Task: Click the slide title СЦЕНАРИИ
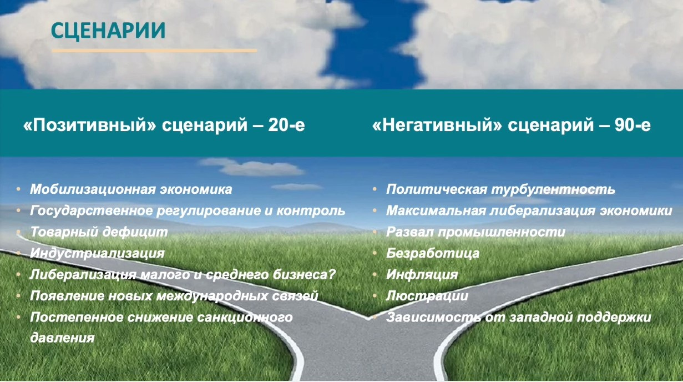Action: [108, 31]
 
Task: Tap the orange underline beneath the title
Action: [154, 51]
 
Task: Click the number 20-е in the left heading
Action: [286, 125]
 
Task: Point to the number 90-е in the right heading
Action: [633, 125]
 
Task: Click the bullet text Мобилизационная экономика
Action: [131, 189]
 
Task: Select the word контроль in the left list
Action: [311, 211]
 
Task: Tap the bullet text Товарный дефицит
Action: [99, 232]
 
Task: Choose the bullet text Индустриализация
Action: [97, 254]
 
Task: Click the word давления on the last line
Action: [62, 338]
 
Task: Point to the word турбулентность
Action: [553, 189]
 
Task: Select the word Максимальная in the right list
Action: [436, 211]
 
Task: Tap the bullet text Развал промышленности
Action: [475, 232]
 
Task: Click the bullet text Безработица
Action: [433, 254]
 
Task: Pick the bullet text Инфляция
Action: [422, 275]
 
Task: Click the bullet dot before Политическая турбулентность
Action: [375, 189]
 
